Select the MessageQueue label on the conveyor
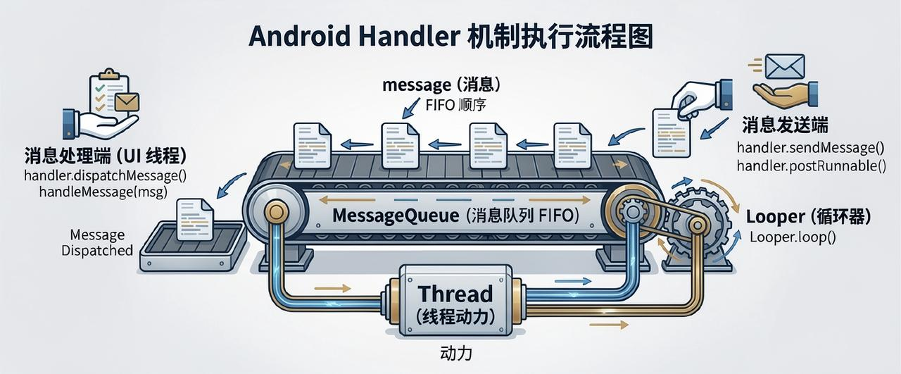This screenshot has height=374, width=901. pos(450,216)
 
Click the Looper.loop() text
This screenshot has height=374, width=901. pos(792,237)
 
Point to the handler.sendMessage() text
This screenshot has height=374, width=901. pos(809,149)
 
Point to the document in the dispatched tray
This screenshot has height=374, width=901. pos(195,218)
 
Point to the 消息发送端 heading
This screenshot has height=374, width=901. pos(785,126)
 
